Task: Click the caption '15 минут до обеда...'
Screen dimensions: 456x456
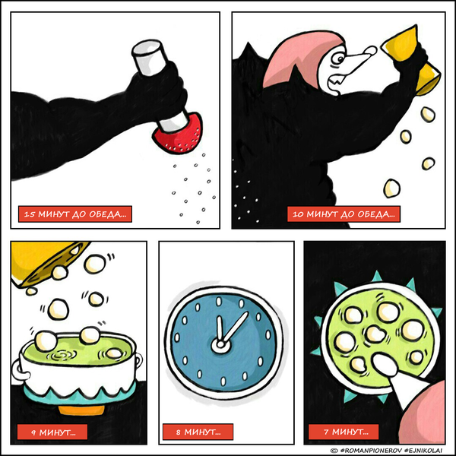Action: point(75,214)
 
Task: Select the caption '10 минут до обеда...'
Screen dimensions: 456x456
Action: point(344,214)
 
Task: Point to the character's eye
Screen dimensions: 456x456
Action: point(338,59)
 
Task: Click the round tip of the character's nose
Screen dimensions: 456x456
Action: point(371,51)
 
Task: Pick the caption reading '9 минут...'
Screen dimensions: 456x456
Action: point(52,432)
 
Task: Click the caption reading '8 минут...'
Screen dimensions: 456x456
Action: point(198,432)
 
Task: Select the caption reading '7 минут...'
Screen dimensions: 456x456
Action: point(344,432)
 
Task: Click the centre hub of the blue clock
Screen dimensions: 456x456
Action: point(220,345)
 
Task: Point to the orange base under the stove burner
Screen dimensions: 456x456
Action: point(81,410)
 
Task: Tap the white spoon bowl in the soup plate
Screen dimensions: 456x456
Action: point(385,364)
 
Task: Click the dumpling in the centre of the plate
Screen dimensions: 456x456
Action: point(375,334)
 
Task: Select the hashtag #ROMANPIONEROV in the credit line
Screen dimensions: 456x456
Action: point(371,450)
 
